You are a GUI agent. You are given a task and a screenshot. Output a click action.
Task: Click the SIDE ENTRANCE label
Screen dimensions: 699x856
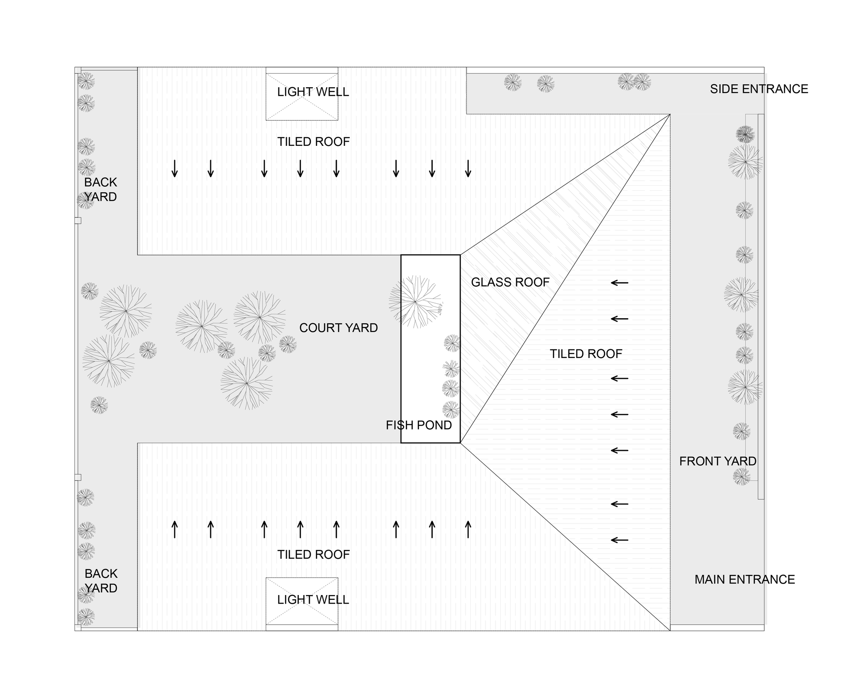(759, 89)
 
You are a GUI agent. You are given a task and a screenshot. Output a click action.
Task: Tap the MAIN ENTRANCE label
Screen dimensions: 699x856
(744, 580)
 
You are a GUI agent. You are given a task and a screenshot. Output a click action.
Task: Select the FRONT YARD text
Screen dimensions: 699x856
(718, 461)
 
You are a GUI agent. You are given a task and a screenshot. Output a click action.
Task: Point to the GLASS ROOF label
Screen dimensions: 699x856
(510, 282)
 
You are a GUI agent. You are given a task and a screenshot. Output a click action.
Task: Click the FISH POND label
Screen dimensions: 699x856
(419, 425)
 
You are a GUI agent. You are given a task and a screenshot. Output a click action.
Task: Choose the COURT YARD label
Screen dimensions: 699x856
(338, 328)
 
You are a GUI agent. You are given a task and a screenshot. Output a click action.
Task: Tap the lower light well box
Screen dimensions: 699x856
(302, 601)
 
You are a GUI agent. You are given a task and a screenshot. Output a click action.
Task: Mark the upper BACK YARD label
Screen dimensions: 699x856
(101, 190)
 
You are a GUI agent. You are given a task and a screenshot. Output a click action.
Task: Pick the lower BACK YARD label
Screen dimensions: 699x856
(101, 581)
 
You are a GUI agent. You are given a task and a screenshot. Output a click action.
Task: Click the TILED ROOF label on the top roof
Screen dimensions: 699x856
(313, 142)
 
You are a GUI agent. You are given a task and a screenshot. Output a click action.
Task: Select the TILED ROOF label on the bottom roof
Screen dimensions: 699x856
(313, 555)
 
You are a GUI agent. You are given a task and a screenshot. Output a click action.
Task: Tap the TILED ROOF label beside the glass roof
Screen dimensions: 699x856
(586, 354)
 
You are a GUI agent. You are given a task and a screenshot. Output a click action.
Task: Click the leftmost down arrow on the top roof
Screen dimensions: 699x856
(175, 169)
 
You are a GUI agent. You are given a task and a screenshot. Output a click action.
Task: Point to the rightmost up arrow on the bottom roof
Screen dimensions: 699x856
(468, 529)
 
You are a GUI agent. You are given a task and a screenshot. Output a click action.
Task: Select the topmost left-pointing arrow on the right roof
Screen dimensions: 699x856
(619, 283)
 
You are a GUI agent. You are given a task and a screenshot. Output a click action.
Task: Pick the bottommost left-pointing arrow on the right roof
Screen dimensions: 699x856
(619, 540)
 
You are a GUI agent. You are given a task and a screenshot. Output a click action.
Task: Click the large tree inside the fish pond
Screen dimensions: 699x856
(415, 302)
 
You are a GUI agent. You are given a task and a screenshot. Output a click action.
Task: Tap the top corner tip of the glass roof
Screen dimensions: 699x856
(669, 115)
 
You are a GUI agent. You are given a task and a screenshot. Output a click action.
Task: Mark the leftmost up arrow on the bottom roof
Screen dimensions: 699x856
(175, 529)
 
